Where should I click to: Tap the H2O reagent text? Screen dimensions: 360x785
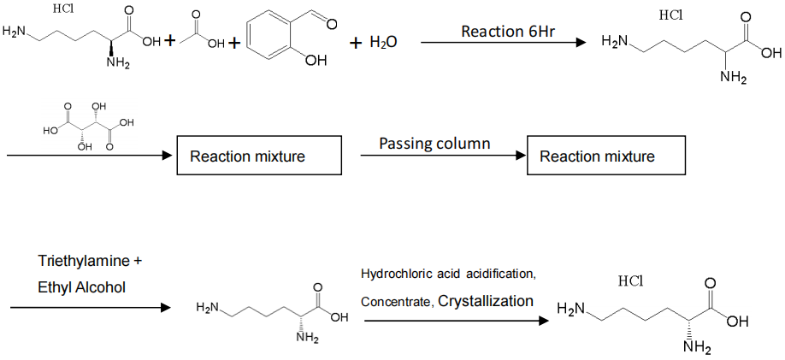coord(384,42)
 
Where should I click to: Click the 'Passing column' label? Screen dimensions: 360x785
coord(434,143)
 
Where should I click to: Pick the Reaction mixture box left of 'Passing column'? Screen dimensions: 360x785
coord(247,156)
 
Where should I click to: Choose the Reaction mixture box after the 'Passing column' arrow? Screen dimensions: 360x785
coord(597,156)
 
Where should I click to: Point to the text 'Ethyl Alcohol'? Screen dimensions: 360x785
coord(81,286)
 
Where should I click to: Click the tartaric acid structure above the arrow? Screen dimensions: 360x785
coord(90,127)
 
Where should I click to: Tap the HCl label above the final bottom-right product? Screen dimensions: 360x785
coord(629,281)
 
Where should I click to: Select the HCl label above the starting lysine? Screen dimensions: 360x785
coord(62,10)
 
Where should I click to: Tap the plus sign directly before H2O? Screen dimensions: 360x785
coord(357,42)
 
